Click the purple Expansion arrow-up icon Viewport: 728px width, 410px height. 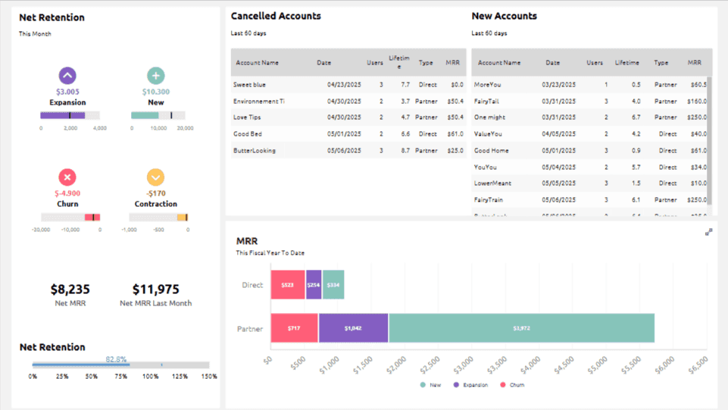tap(67, 75)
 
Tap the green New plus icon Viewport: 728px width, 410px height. tap(155, 75)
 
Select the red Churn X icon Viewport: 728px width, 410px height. tap(67, 177)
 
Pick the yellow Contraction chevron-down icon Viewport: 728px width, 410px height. tap(155, 177)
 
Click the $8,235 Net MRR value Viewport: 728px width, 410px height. tap(70, 290)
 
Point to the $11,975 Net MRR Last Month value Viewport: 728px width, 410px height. tap(155, 290)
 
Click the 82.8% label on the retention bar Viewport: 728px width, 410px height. tap(116, 359)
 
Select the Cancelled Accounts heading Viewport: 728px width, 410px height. tap(276, 16)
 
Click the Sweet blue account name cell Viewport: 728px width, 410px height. tap(249, 85)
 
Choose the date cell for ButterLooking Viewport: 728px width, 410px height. tap(341, 150)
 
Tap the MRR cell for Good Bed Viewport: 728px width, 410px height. tap(455, 134)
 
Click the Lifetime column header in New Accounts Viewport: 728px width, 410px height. tap(626, 63)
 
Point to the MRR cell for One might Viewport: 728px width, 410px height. tap(698, 117)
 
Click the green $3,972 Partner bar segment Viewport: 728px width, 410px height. tap(521, 329)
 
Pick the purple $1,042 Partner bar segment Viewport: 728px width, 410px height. tap(353, 329)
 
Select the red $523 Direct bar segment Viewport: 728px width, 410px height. tap(288, 285)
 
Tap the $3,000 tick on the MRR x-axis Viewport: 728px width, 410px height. tap(461, 365)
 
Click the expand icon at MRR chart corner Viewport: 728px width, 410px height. tap(708, 232)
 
